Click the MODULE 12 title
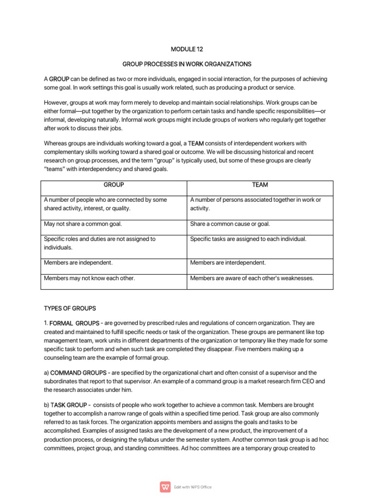click(x=187, y=49)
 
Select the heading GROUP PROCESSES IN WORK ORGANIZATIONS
click(x=187, y=64)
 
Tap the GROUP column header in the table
click(x=114, y=185)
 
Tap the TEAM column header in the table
click(x=260, y=185)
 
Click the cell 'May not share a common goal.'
click(x=83, y=224)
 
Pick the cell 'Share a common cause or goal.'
click(x=230, y=224)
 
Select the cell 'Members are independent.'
click(x=78, y=263)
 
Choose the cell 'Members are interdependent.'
click(x=228, y=263)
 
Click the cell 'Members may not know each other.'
click(x=89, y=279)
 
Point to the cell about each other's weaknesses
click(x=252, y=279)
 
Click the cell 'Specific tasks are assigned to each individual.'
click(x=248, y=239)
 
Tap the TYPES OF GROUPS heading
click(x=70, y=308)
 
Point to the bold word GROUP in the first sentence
click(x=59, y=79)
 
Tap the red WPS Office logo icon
click(x=165, y=486)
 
